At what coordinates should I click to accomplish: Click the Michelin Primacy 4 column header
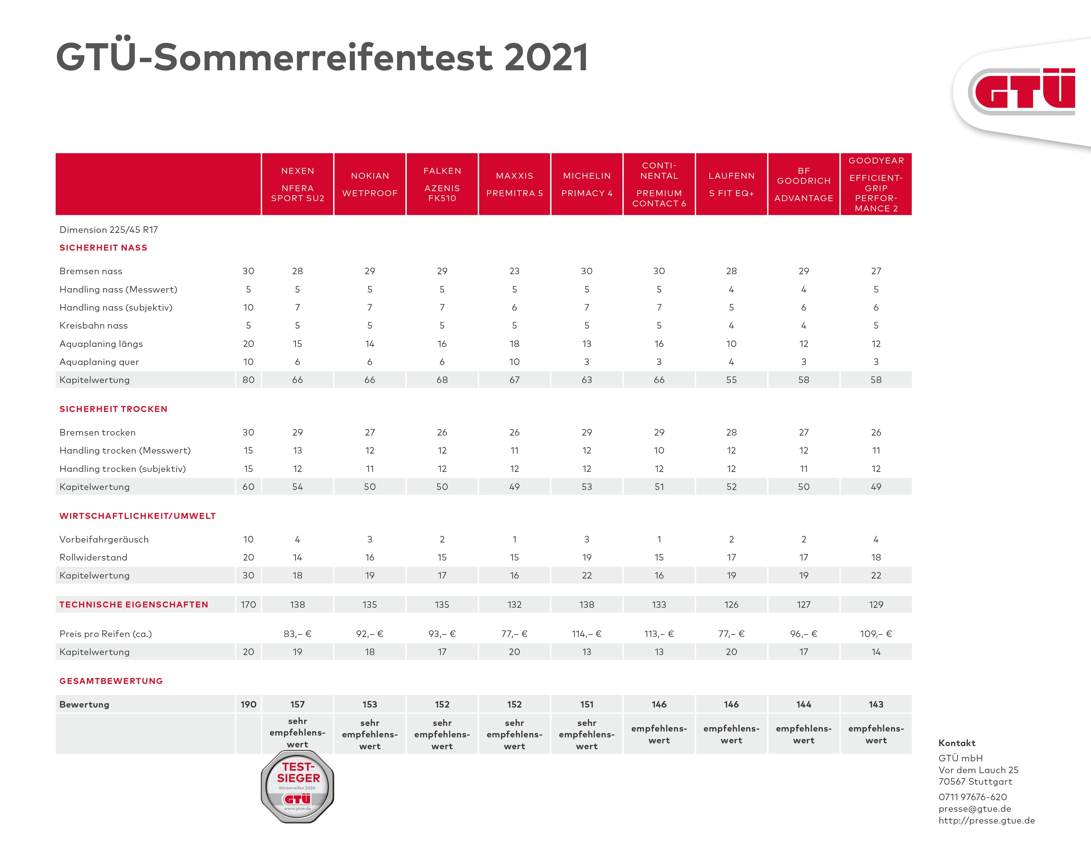tap(587, 184)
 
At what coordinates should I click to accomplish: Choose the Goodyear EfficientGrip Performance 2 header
tap(876, 184)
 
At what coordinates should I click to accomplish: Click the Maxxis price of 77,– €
tap(514, 634)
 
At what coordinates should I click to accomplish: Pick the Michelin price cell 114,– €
tap(587, 634)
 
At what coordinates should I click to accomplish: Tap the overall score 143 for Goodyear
tap(876, 704)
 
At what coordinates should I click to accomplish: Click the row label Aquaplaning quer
tap(99, 362)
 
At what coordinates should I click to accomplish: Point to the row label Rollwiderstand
tap(94, 557)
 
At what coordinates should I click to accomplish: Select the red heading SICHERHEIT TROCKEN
tap(113, 409)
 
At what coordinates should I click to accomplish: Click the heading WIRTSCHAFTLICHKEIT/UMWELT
tap(137, 516)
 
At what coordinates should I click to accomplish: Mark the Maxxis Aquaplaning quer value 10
tap(514, 362)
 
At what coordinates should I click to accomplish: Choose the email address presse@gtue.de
tap(975, 808)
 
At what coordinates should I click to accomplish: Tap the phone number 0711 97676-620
tap(973, 797)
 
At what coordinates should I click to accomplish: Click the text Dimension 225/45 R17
tap(109, 230)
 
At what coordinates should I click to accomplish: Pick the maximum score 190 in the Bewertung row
tap(248, 704)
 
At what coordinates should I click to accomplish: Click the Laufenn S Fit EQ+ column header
tap(731, 184)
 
